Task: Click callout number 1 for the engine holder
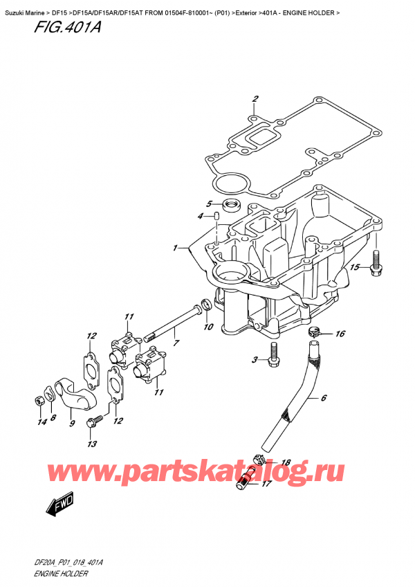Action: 176,246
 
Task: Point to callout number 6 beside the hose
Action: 322,398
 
